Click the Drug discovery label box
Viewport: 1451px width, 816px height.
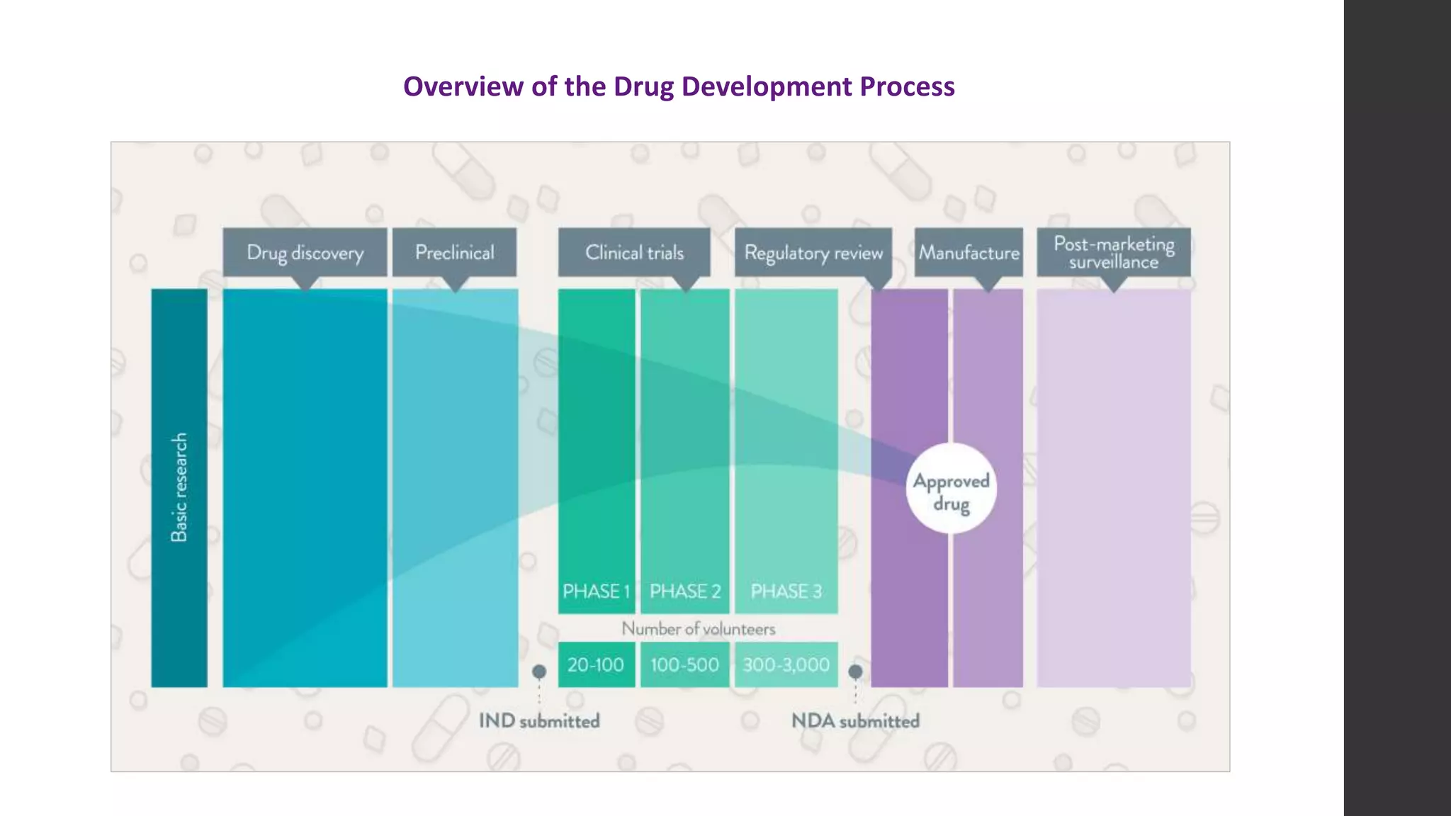click(x=305, y=252)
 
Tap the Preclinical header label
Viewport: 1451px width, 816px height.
click(x=454, y=252)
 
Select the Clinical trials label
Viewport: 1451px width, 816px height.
click(x=634, y=252)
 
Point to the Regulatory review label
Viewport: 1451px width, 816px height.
click(x=813, y=252)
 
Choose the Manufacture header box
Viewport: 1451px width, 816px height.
click(x=969, y=252)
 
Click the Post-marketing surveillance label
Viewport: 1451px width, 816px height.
click(x=1113, y=252)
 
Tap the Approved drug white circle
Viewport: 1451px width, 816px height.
click(x=951, y=489)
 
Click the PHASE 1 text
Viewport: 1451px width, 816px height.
click(x=596, y=591)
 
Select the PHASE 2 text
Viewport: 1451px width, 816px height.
click(x=685, y=591)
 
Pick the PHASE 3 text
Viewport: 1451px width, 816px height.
click(x=786, y=591)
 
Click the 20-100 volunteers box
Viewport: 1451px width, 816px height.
click(x=596, y=664)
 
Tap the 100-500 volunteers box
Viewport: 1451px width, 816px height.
click(x=684, y=664)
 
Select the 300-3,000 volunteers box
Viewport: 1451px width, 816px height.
click(x=786, y=664)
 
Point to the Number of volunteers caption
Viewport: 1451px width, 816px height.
click(x=698, y=628)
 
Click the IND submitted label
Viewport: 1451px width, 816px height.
click(x=539, y=721)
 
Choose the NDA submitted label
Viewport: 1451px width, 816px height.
click(x=855, y=721)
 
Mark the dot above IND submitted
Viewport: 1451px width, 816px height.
click(x=539, y=671)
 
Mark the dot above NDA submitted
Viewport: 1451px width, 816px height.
click(x=855, y=671)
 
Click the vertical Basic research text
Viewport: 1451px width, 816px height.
click(x=179, y=487)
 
